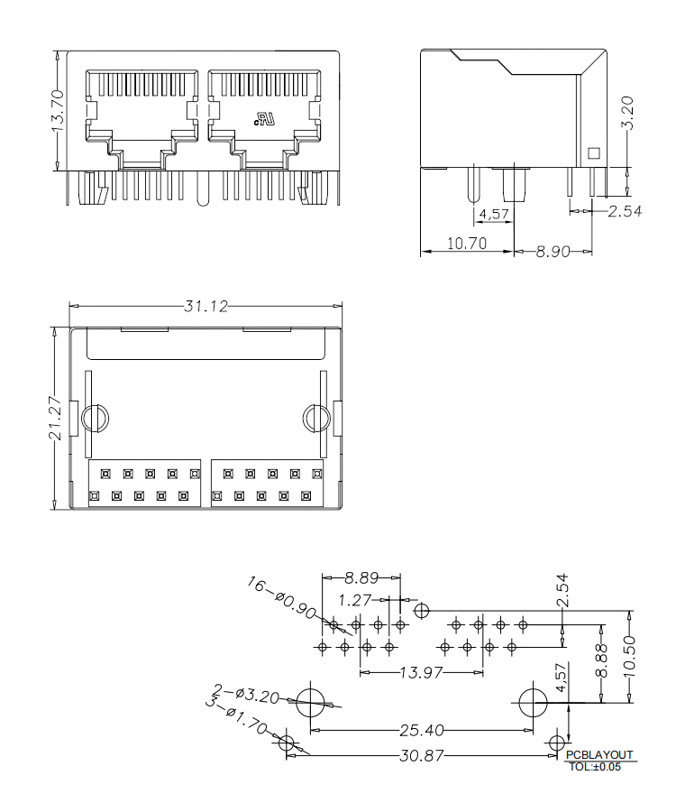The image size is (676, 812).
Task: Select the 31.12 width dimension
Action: [x=206, y=306]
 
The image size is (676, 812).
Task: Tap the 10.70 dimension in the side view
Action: [x=466, y=244]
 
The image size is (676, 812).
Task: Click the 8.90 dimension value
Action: [x=553, y=252]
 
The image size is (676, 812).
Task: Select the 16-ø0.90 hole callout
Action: [x=281, y=598]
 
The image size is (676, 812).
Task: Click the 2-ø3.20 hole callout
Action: [x=245, y=694]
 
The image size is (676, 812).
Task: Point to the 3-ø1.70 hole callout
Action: [x=236, y=720]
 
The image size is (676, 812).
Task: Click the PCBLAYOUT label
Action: [x=600, y=755]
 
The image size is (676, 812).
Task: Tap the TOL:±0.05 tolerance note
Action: [x=596, y=767]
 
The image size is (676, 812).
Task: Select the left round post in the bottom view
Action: [x=95, y=419]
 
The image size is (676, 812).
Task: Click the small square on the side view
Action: [x=593, y=152]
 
